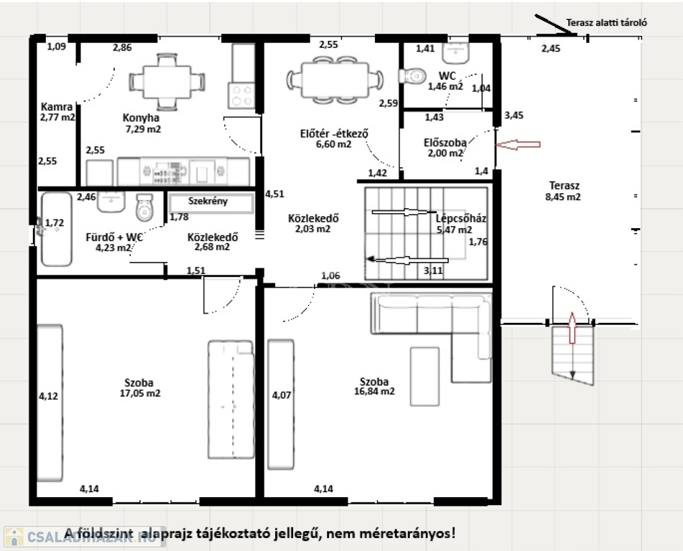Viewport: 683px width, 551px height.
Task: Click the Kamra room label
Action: click(57, 107)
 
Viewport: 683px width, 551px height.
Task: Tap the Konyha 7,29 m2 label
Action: click(141, 123)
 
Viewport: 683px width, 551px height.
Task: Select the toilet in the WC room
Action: click(412, 76)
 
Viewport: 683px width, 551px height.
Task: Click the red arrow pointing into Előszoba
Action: click(519, 144)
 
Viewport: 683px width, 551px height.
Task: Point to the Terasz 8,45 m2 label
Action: click(563, 191)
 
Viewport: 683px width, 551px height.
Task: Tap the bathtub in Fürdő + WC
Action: click(56, 230)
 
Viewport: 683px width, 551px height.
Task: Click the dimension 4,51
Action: click(274, 194)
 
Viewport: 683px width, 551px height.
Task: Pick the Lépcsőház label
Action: click(461, 219)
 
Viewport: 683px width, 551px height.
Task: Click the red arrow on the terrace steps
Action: click(572, 328)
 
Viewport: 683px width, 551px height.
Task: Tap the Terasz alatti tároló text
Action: click(606, 23)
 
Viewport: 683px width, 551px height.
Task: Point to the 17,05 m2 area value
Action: click(140, 393)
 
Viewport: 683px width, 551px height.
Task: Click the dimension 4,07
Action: click(282, 395)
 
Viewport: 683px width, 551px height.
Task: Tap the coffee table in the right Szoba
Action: click(424, 377)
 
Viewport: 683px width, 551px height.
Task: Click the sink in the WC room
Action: click(455, 53)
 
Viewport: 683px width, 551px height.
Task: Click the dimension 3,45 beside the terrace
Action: click(514, 116)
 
